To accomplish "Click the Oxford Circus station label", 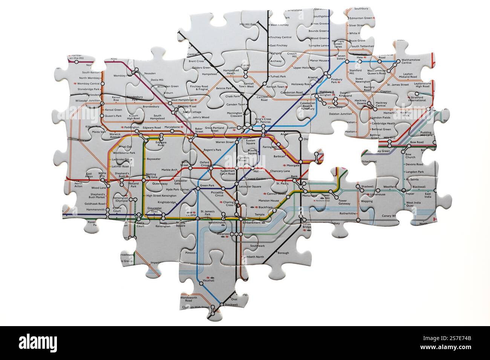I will click(x=204, y=164).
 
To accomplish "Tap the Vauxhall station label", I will click(x=208, y=281).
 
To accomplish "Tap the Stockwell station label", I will click(x=231, y=304).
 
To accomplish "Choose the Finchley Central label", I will click(x=281, y=37).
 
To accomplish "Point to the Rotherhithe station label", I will click(x=348, y=213).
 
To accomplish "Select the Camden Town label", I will click(x=236, y=104).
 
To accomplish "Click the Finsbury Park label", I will click(x=336, y=81).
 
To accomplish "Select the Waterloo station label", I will click(x=222, y=234).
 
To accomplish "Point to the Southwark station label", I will click(x=257, y=246).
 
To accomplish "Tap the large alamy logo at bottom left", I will click(x=38, y=343).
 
